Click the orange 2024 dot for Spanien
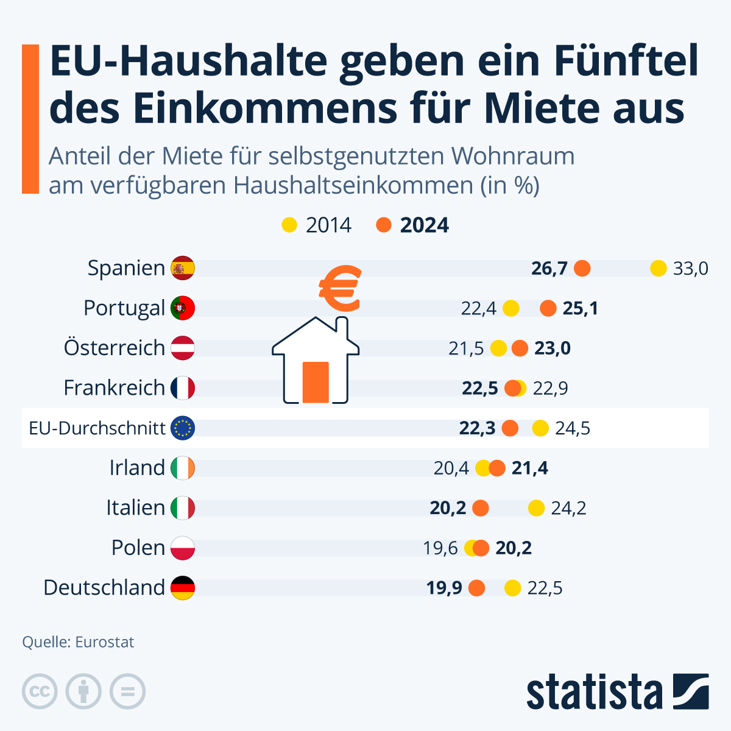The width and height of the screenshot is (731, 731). [582, 268]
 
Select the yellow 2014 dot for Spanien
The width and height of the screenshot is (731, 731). [659, 268]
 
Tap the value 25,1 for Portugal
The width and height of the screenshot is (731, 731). [580, 308]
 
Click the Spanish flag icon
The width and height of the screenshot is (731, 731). [183, 268]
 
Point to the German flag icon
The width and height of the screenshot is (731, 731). [183, 588]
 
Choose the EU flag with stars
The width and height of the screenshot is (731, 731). [183, 428]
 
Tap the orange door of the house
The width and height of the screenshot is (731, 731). [316, 382]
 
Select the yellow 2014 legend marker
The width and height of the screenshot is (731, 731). [289, 225]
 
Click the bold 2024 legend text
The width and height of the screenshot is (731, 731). [424, 225]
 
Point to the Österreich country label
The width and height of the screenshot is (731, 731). [115, 348]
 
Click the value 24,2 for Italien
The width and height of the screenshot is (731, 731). [568, 508]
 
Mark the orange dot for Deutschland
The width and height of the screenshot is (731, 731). [476, 588]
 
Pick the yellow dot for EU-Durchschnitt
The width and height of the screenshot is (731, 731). [540, 428]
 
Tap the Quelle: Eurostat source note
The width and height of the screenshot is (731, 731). [78, 642]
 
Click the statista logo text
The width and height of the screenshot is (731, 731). [594, 692]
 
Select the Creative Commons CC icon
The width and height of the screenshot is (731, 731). [40, 691]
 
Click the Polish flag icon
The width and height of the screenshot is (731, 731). [183, 548]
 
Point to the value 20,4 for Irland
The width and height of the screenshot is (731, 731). [451, 468]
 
